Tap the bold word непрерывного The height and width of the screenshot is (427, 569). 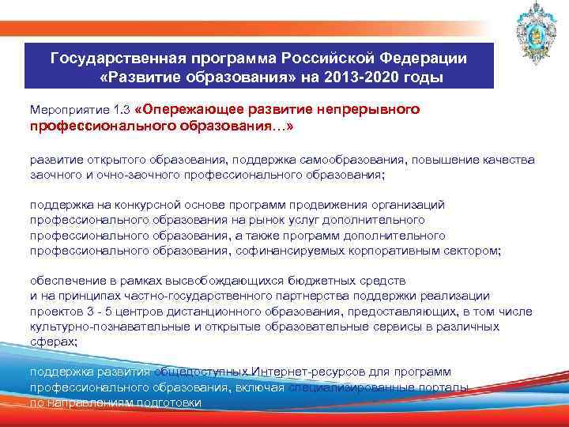(368, 107)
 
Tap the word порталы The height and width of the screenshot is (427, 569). (446, 387)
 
